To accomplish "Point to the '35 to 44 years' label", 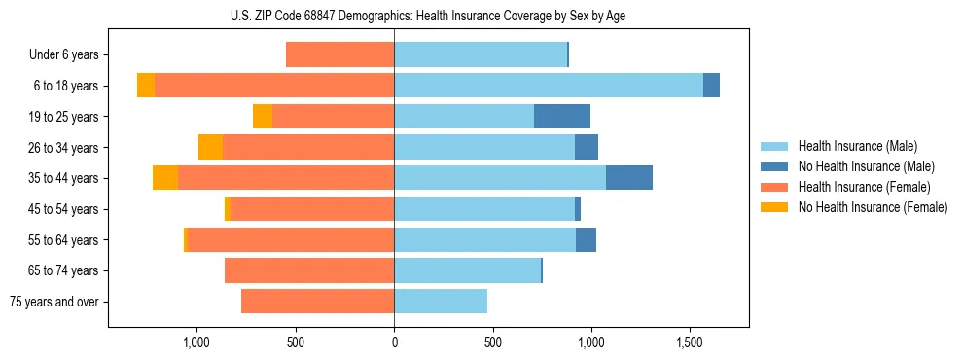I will click(x=64, y=178).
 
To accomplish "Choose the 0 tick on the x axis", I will click(x=394, y=342).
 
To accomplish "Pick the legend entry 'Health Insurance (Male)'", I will click(x=857, y=146).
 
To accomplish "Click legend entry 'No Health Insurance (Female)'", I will click(x=873, y=207).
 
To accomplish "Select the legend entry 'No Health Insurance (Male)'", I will click(x=866, y=166).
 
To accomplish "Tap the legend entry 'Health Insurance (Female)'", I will click(x=864, y=187).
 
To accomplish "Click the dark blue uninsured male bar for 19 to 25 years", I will click(x=562, y=117).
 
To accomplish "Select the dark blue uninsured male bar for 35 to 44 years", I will click(x=629, y=178).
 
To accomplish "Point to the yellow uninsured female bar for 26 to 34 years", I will click(x=210, y=147).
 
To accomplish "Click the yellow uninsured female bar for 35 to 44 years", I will click(x=165, y=178).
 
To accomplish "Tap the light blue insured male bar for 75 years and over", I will click(x=441, y=302).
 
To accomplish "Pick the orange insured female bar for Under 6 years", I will click(x=339, y=55).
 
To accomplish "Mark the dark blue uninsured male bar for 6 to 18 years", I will click(x=711, y=86).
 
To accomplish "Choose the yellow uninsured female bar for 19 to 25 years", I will click(x=263, y=117).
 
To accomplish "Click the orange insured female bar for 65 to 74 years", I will click(x=309, y=270).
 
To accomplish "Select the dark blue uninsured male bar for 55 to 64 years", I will click(x=586, y=240).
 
